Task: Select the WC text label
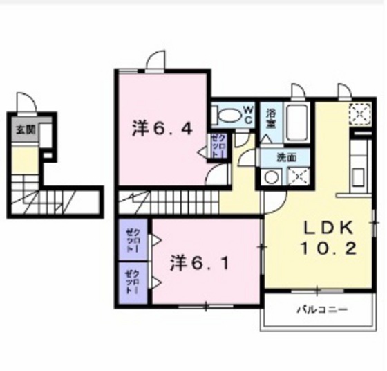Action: point(247,114)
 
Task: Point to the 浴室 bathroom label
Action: point(272,118)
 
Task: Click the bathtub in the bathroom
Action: point(298,122)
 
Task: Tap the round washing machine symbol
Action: point(269,177)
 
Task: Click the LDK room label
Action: point(329,228)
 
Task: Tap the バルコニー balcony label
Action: point(322,309)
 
